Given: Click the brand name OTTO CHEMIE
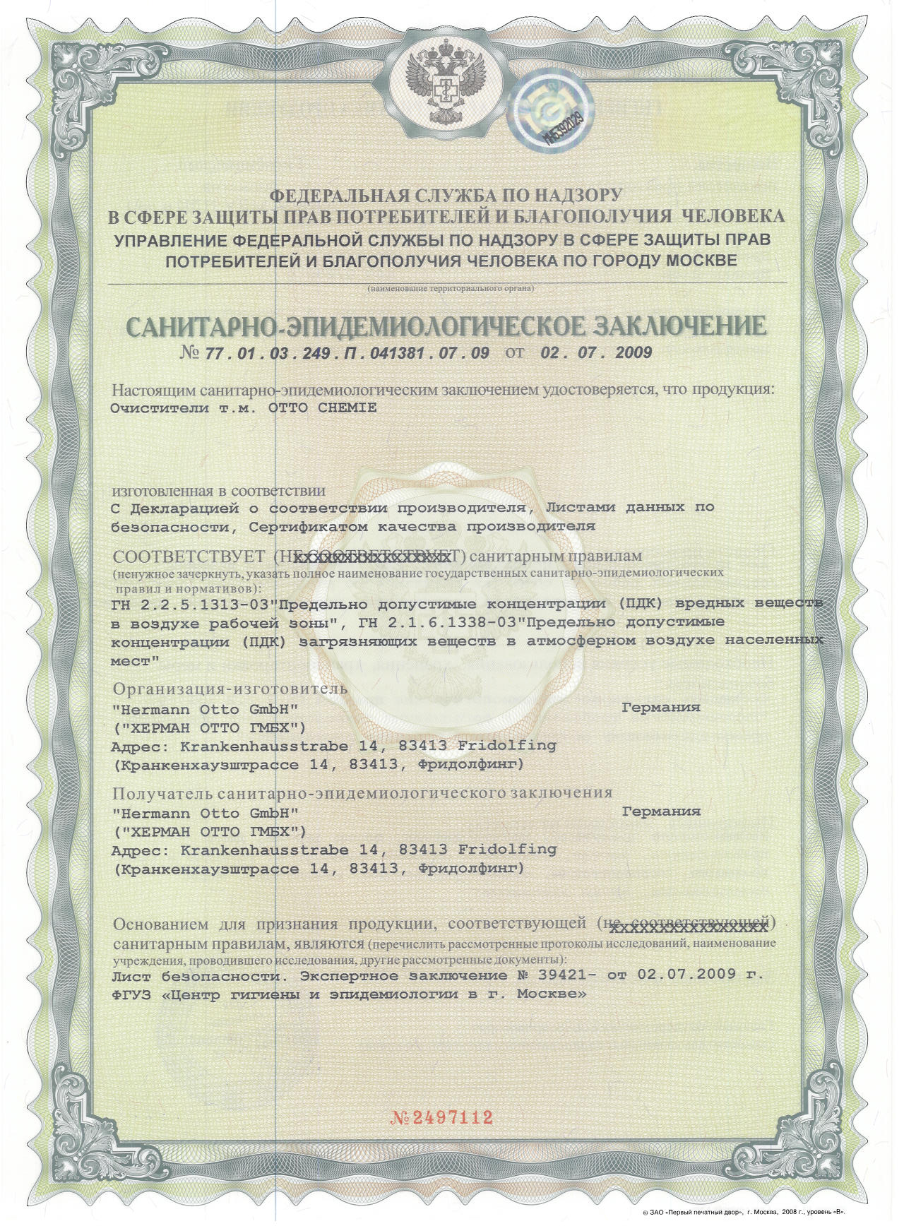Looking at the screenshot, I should (x=324, y=407).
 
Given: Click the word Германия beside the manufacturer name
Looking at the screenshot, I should (x=661, y=707).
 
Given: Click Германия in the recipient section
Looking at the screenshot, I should (x=661, y=811).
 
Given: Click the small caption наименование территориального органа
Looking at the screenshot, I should (x=450, y=289).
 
